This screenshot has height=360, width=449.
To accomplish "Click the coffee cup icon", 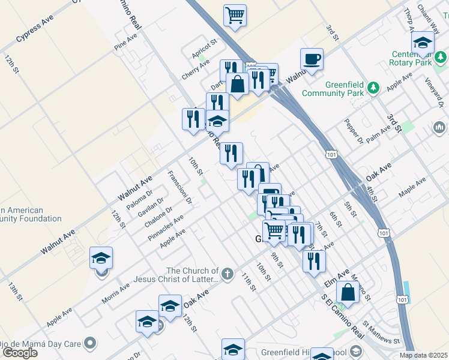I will tap(312, 60).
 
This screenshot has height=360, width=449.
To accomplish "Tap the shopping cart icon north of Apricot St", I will tap(235, 16).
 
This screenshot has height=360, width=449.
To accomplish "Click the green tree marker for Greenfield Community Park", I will tap(373, 88).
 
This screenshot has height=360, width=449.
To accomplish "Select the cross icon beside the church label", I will tap(227, 275).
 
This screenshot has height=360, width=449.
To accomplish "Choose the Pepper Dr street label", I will tap(354, 131).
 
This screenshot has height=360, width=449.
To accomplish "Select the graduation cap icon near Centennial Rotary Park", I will tap(423, 44).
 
